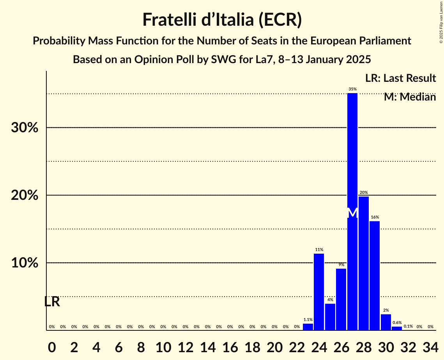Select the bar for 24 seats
tap(319, 292)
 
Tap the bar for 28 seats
tap(364, 263)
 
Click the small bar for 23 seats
tap(308, 327)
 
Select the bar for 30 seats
tap(386, 322)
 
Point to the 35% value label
tap(352, 89)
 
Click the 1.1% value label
tap(308, 319)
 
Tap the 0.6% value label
tap(397, 323)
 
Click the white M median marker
tap(352, 213)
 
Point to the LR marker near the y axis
tap(52, 302)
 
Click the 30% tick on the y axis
tap(25, 128)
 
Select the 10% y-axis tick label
tap(25, 263)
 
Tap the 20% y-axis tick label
tap(25, 196)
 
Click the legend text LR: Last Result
tap(400, 78)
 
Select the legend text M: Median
tap(410, 97)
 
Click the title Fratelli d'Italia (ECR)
tap(222, 19)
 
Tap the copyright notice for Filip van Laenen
tap(441, 22)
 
